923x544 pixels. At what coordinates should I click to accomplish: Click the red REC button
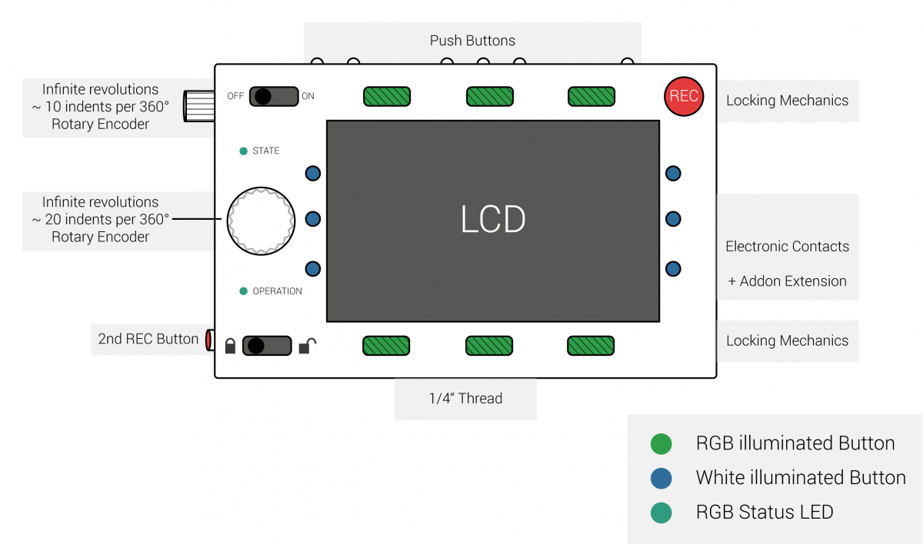[x=684, y=96]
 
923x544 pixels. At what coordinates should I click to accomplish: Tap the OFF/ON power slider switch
[x=274, y=96]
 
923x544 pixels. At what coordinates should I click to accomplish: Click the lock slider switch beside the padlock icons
[x=267, y=346]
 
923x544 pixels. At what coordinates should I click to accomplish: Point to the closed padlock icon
[x=230, y=346]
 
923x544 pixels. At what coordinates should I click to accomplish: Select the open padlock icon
[x=308, y=346]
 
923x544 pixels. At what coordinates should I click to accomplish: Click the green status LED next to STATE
[x=244, y=151]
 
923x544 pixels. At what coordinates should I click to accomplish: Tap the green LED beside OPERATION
[x=244, y=291]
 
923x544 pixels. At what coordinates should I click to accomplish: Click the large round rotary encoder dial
[x=261, y=221]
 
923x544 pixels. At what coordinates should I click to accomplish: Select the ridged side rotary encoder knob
[x=199, y=106]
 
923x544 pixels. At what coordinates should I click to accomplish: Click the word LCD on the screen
[x=493, y=219]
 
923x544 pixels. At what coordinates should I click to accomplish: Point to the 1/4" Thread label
[x=465, y=398]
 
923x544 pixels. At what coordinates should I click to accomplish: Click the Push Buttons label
[x=472, y=40]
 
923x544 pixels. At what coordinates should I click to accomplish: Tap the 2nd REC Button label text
[x=148, y=339]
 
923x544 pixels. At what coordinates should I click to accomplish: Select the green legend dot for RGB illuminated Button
[x=661, y=444]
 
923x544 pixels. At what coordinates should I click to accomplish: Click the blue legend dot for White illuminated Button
[x=661, y=478]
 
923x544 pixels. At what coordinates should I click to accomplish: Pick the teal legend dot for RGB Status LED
[x=661, y=512]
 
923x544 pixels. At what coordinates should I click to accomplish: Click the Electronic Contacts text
[x=787, y=246]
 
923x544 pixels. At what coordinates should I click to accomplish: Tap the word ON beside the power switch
[x=308, y=96]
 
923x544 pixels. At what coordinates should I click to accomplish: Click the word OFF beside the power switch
[x=235, y=96]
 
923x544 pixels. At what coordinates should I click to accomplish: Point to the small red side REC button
[x=210, y=340]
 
